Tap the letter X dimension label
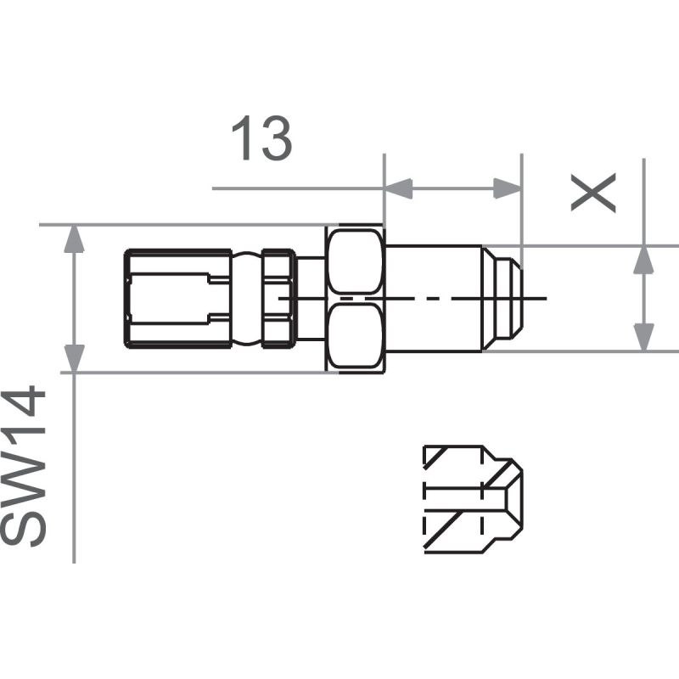592,194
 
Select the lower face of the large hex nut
355,337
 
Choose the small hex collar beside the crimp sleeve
278,298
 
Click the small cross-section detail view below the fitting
472,499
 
